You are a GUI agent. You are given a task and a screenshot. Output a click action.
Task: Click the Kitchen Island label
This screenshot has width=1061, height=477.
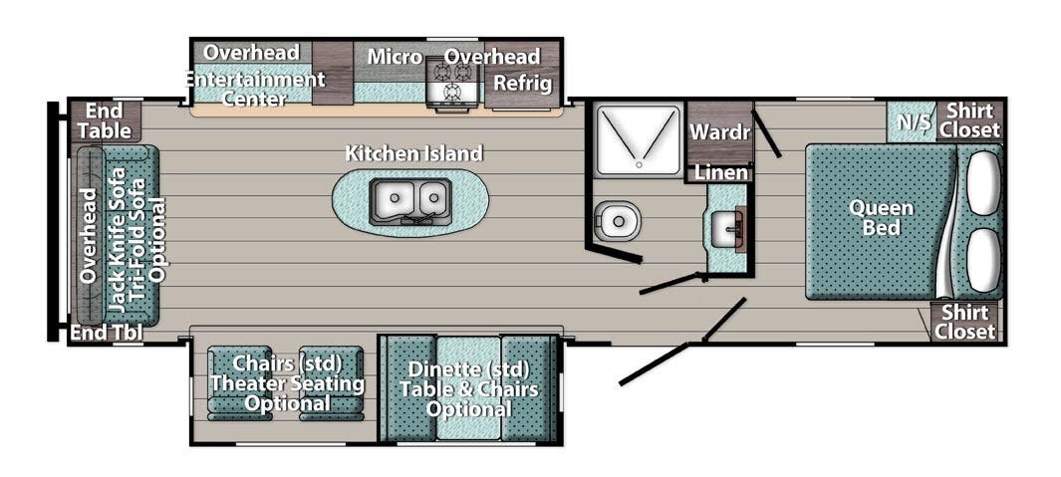coord(413,153)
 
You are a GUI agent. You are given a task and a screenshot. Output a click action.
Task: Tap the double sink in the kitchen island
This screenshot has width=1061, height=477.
coord(409,201)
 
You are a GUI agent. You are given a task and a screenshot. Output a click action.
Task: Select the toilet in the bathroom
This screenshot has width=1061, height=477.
coord(618,216)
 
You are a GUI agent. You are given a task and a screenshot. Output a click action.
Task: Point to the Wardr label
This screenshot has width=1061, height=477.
coord(719,131)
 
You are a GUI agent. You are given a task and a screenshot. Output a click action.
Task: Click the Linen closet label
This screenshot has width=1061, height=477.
coord(720,173)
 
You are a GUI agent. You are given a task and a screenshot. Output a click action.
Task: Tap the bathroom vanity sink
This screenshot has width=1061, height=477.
coord(728,229)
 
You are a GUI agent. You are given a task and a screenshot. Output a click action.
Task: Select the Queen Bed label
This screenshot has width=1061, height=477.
coord(881,218)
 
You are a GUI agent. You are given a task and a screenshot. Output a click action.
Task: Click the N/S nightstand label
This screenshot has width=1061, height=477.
coord(910,121)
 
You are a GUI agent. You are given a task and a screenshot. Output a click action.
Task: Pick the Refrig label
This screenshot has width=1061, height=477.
coord(522,84)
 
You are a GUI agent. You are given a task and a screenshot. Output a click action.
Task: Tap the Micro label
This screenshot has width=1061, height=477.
coord(395,57)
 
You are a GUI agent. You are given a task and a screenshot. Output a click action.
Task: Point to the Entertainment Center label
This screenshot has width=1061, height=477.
coord(255,89)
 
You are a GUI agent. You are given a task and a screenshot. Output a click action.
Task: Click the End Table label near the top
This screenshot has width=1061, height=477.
coord(106,119)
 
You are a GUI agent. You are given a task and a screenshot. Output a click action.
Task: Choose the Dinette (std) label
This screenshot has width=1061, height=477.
coord(468,368)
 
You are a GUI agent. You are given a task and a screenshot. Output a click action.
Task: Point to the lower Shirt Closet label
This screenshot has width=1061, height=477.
coord(964,322)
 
